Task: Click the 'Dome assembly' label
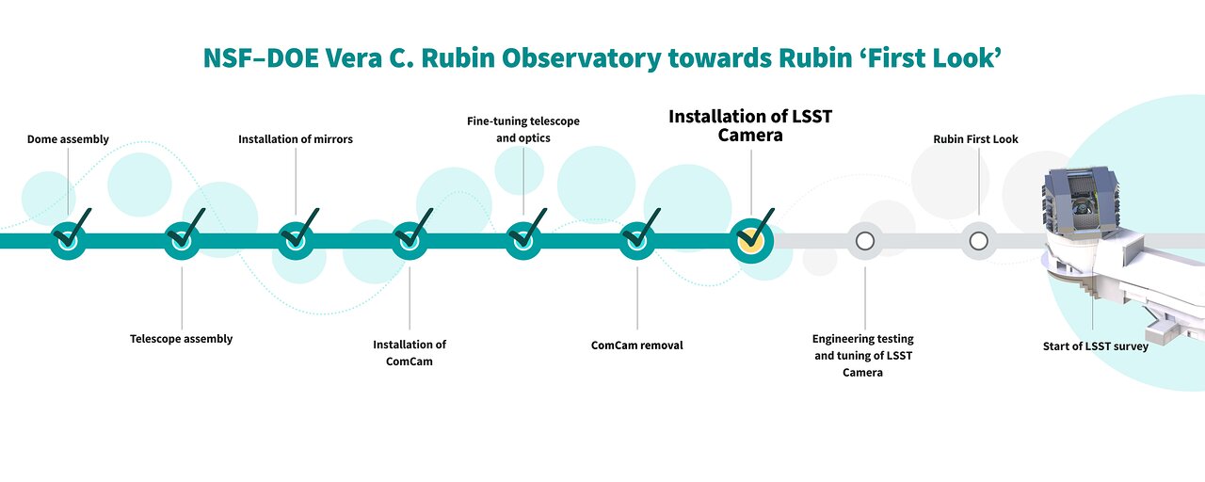point(68,139)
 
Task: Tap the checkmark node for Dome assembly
point(69,240)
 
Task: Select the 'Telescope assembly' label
point(182,339)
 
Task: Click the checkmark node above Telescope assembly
point(182,240)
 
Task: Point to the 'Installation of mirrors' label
point(296,139)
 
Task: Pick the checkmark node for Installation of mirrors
point(296,240)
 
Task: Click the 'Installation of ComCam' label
point(410,353)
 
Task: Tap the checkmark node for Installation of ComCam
point(410,240)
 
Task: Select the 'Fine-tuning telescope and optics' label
point(523,130)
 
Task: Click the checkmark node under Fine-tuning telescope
point(523,240)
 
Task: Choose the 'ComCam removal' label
point(637,345)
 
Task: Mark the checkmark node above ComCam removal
point(637,240)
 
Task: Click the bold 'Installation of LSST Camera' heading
point(750,126)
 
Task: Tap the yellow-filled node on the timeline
point(751,240)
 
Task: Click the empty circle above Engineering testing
point(865,241)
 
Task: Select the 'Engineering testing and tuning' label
point(863,356)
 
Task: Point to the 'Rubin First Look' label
point(976,139)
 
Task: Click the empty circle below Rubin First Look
point(978,241)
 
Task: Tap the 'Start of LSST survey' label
point(1095,346)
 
